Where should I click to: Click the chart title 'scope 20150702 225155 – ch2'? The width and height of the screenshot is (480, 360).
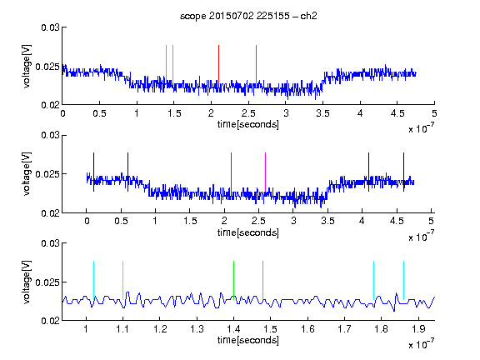[248, 16]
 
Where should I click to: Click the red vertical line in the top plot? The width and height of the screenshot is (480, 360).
[218, 64]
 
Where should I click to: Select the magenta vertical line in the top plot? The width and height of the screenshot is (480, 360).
[256, 64]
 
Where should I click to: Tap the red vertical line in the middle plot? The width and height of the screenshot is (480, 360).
[231, 172]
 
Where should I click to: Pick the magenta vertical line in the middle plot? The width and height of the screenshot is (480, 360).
[265, 172]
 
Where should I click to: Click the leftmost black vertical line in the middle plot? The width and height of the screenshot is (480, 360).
[93, 172]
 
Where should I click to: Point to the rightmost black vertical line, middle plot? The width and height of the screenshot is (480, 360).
[403, 172]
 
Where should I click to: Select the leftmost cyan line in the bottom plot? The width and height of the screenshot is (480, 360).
[93, 280]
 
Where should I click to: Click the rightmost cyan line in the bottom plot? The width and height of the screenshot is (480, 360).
[403, 280]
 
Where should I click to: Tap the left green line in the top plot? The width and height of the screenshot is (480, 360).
[166, 64]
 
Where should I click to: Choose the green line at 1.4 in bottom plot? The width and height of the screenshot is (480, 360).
[233, 280]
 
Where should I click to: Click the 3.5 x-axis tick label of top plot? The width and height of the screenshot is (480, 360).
[323, 113]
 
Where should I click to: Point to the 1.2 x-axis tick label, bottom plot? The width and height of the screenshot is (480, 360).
[160, 329]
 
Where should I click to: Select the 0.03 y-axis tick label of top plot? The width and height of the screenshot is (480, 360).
[50, 27]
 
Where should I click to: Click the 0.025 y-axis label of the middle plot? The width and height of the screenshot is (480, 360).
[47, 174]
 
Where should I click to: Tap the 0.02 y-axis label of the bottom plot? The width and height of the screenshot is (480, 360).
[50, 321]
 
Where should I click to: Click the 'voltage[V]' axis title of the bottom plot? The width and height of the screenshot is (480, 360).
[27, 282]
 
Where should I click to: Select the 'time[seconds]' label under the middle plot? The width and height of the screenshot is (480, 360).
[248, 232]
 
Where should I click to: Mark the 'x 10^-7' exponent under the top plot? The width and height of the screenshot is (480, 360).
[421, 128]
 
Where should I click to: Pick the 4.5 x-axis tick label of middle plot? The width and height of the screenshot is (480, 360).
[397, 221]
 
